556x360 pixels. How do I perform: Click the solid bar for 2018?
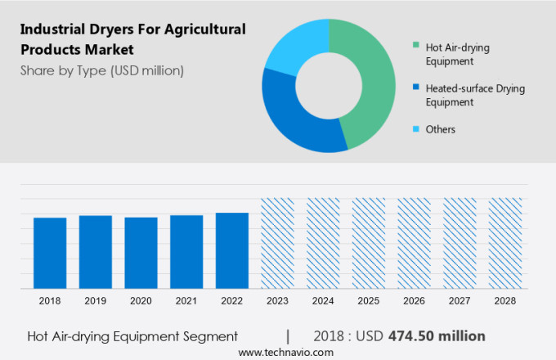50,253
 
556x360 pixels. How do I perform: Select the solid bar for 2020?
141,253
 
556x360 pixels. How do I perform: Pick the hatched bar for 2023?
277,243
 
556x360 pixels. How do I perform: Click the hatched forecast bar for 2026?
414,243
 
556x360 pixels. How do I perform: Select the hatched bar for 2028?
504,243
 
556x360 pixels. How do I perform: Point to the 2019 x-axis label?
96,301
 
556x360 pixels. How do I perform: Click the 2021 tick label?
186,301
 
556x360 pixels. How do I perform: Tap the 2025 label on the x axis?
368,301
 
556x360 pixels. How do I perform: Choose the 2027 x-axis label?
459,301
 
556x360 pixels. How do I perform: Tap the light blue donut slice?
295,46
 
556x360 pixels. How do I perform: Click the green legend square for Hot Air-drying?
417,44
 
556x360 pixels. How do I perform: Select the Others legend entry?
440,129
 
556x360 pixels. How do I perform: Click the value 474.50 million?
437,336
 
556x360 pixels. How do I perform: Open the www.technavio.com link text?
285,352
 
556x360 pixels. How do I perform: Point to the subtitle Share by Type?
102,70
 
